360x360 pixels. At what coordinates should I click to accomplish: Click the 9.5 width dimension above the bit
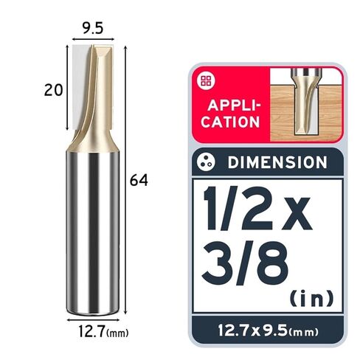tap(92, 28)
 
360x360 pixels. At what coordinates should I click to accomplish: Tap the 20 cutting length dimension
tap(53, 90)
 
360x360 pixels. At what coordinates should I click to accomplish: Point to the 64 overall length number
tap(139, 180)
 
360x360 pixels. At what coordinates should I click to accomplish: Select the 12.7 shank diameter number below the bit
tap(91, 331)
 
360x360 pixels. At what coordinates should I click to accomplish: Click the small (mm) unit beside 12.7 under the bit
tap(117, 333)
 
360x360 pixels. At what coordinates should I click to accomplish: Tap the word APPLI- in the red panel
tap(234, 105)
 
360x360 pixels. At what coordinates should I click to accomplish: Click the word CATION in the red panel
tap(230, 122)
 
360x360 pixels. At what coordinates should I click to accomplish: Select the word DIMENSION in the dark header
tap(277, 162)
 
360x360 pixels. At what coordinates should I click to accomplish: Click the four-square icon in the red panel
tap(206, 80)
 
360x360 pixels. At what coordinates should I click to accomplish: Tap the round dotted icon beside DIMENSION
tap(206, 162)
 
